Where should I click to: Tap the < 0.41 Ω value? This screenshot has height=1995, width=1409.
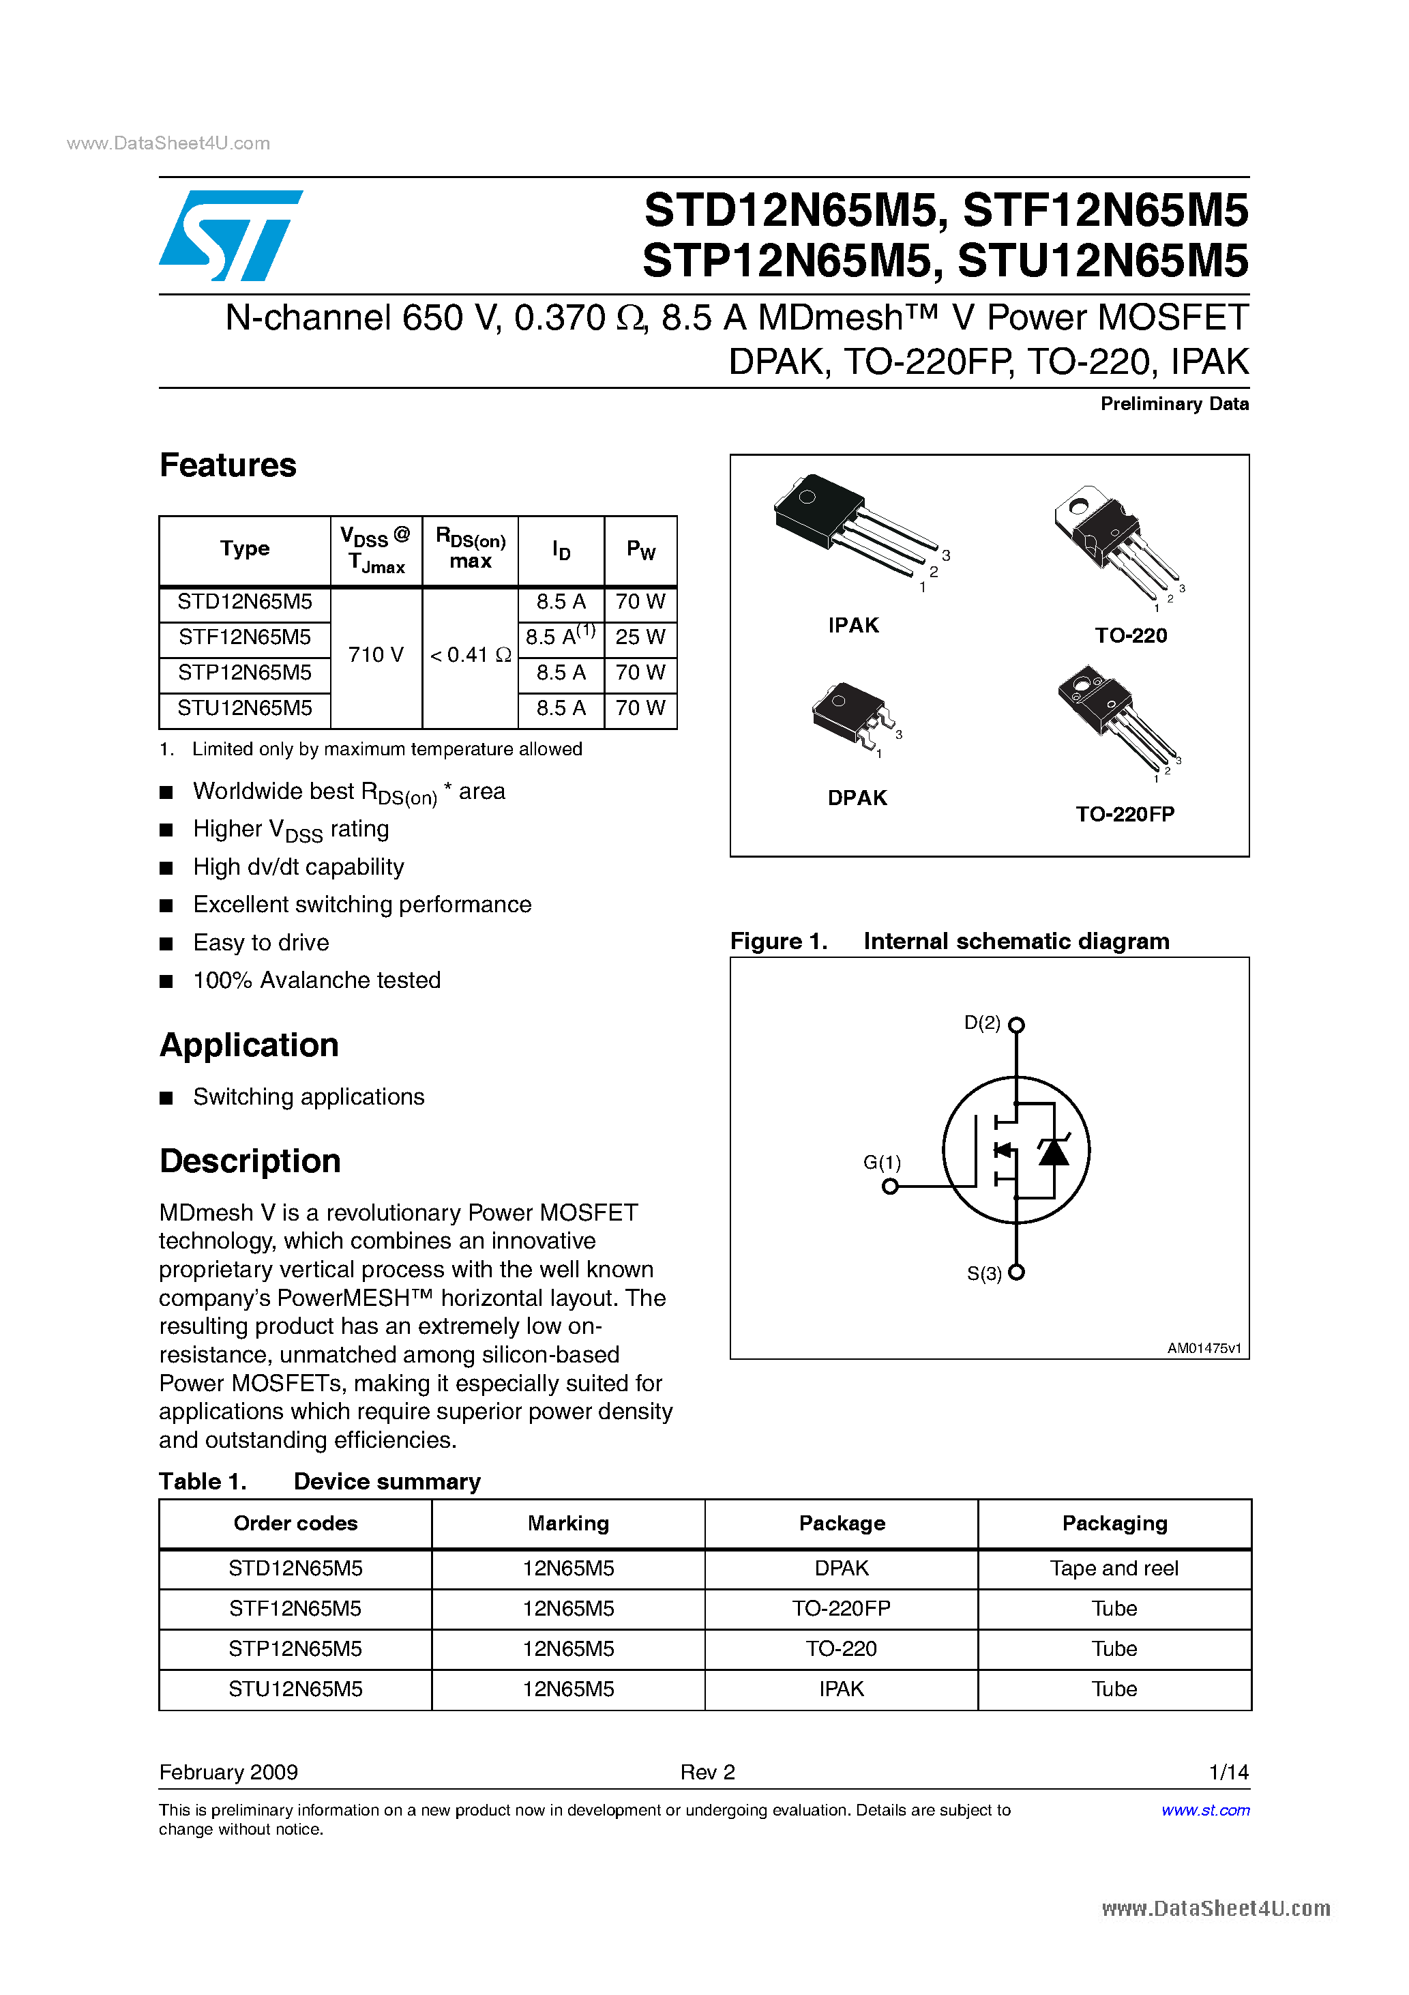pyautogui.click(x=470, y=655)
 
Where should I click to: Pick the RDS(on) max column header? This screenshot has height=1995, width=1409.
pyautogui.click(x=470, y=549)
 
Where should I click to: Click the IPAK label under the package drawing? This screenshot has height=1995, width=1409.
pyautogui.click(x=853, y=626)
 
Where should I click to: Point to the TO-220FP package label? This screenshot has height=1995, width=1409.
pyautogui.click(x=1125, y=814)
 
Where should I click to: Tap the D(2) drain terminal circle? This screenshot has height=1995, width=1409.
pyautogui.click(x=1016, y=1025)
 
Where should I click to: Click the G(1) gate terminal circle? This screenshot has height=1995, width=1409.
pyautogui.click(x=889, y=1186)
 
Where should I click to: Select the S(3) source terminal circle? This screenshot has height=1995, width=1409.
pyautogui.click(x=1016, y=1272)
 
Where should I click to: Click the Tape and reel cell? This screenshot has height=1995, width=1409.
pyautogui.click(x=1114, y=1569)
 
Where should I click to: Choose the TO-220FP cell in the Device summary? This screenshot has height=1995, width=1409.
pyautogui.click(x=841, y=1608)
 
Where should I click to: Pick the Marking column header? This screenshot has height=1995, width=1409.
pyautogui.click(x=568, y=1523)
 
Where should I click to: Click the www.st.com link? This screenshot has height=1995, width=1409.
pyautogui.click(x=1205, y=1810)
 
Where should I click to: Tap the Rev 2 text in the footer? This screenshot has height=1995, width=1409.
pyautogui.click(x=707, y=1772)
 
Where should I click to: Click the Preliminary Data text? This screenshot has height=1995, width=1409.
pyautogui.click(x=1174, y=404)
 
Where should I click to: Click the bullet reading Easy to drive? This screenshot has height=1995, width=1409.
pyautogui.click(x=261, y=943)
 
